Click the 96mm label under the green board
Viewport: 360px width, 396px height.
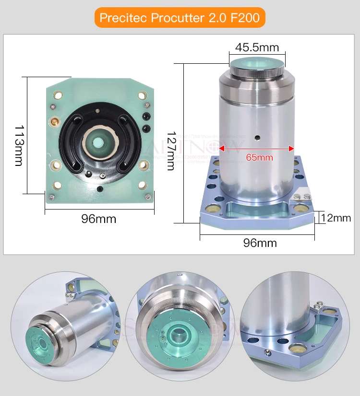[98, 219]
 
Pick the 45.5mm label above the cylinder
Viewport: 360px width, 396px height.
[257, 47]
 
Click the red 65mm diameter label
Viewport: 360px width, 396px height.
[259, 157]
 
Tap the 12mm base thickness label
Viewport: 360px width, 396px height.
[336, 218]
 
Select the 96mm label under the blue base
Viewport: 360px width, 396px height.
[260, 243]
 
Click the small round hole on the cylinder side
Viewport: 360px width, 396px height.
[257, 138]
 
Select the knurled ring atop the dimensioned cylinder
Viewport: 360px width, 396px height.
[257, 72]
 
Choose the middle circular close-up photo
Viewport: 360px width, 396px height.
[180, 326]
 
